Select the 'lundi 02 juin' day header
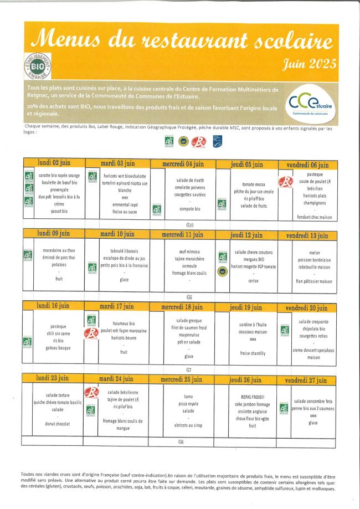point(54,163)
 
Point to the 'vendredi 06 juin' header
point(307,164)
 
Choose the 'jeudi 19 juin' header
point(246,307)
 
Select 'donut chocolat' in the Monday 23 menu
point(58,424)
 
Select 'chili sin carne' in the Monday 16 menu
point(58,333)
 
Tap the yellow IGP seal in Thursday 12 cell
point(222,271)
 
